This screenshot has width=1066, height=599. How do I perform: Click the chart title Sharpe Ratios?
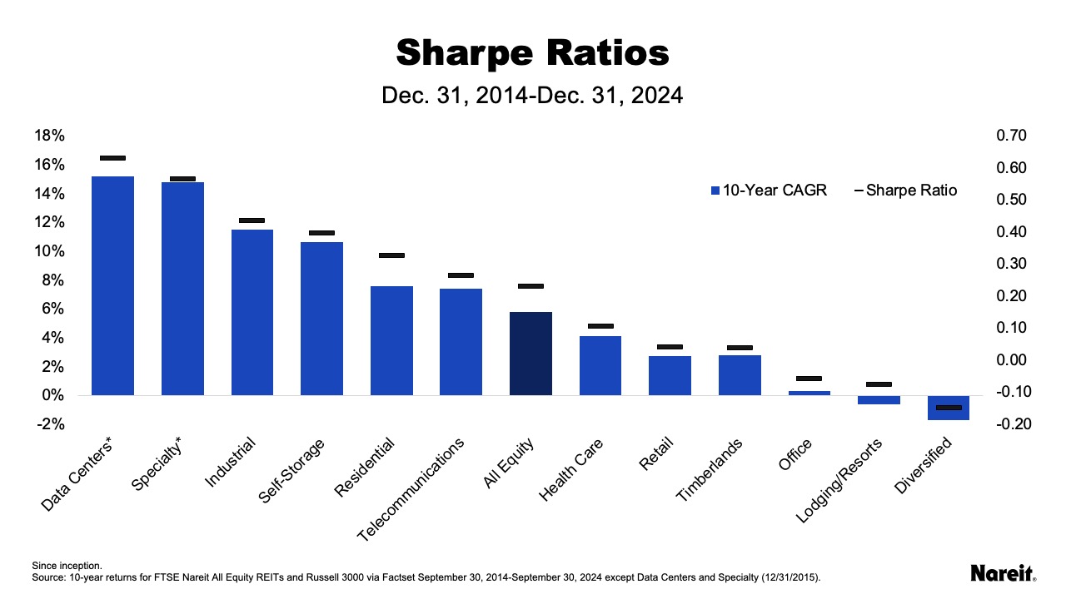click(532, 53)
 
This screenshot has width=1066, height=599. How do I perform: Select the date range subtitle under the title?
click(532, 96)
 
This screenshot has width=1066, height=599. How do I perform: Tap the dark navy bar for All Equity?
click(531, 353)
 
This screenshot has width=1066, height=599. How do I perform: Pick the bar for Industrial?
click(252, 312)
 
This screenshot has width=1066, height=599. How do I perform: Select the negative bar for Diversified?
click(949, 408)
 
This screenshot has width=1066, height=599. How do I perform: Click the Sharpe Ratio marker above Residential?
click(391, 255)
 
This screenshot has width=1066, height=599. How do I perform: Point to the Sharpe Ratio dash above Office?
click(809, 379)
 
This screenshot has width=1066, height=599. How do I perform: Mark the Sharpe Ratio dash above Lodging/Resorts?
click(879, 384)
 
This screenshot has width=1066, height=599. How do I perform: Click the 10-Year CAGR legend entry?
click(769, 191)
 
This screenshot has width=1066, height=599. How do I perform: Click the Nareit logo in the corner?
click(1004, 572)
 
